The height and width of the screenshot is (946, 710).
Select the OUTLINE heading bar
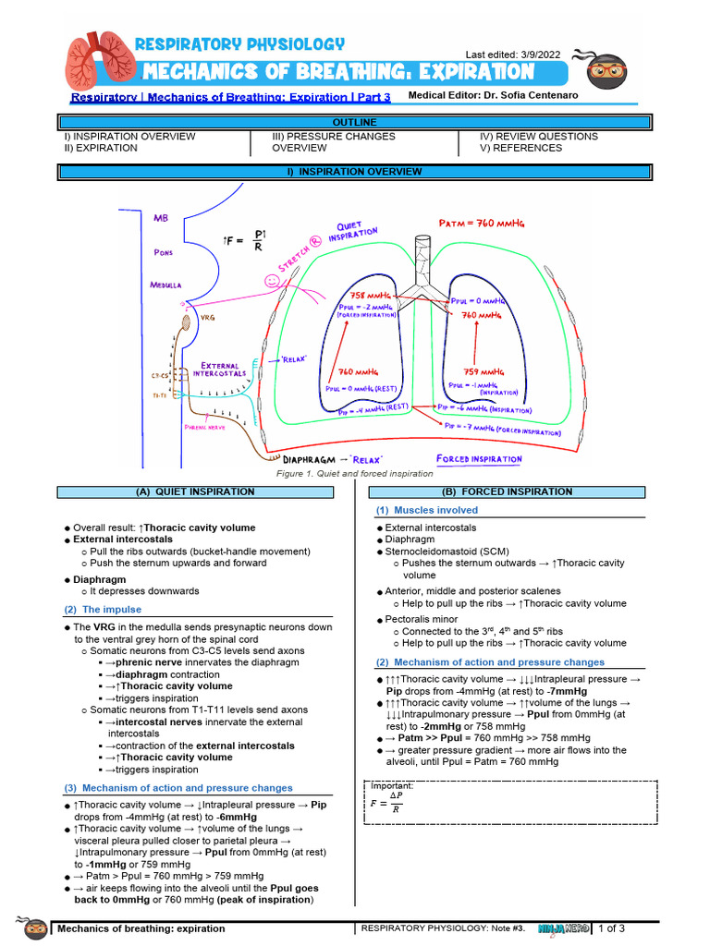pyautogui.click(x=354, y=122)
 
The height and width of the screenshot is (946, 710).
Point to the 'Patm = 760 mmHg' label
pyautogui.click(x=484, y=222)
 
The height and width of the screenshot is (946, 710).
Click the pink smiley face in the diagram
pyautogui.click(x=272, y=277)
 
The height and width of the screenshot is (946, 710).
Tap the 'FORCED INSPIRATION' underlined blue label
pyautogui.click(x=478, y=459)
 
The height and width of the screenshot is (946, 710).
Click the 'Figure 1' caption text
pyautogui.click(x=355, y=474)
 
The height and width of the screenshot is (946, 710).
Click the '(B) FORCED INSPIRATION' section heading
pyautogui.click(x=508, y=491)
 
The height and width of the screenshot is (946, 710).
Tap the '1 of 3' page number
pyautogui.click(x=612, y=928)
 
